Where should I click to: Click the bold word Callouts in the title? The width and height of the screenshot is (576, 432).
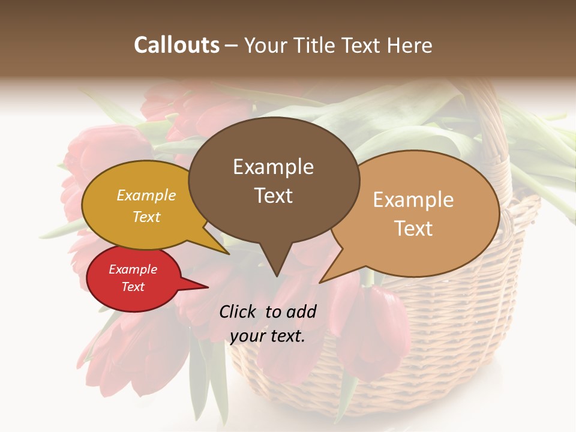(x=176, y=45)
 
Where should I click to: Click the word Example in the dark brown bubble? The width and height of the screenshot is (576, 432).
(x=273, y=167)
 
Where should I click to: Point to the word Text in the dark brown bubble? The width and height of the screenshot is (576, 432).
(x=273, y=196)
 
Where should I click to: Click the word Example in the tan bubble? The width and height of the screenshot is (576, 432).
(x=413, y=200)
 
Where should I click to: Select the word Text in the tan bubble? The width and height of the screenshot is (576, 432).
(x=413, y=229)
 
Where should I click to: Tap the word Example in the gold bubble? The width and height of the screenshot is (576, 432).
(x=146, y=196)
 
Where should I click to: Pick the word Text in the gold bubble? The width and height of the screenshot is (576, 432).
(x=146, y=217)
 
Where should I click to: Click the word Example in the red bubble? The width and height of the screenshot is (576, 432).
(x=133, y=269)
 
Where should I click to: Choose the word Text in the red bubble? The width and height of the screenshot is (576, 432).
(x=133, y=287)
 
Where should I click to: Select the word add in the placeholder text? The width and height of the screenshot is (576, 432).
(x=301, y=311)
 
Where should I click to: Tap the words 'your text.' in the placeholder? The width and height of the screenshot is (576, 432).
(x=268, y=336)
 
